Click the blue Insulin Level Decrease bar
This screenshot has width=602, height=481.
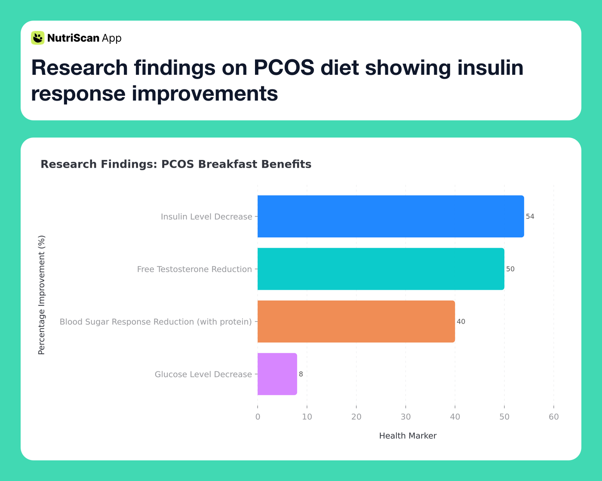390,216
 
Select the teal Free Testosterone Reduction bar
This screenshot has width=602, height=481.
381,269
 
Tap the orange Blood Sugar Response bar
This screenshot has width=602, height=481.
356,322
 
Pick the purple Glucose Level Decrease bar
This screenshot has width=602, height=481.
277,374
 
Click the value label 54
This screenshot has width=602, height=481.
530,217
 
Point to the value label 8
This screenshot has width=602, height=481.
301,374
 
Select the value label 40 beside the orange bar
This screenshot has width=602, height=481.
461,322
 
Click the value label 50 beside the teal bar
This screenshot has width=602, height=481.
510,269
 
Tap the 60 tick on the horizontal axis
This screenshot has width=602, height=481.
553,417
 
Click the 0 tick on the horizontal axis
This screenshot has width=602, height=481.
258,417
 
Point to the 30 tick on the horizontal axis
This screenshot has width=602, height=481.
405,417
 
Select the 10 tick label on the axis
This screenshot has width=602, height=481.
307,417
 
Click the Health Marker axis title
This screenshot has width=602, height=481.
408,436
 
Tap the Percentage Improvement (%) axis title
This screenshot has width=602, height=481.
42,295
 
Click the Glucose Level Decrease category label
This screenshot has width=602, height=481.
203,374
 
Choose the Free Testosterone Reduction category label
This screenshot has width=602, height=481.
194,269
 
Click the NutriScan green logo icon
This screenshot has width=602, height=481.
38,38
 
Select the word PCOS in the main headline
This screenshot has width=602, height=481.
283,67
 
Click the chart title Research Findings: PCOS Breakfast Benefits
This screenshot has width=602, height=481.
176,164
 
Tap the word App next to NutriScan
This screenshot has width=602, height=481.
112,38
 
